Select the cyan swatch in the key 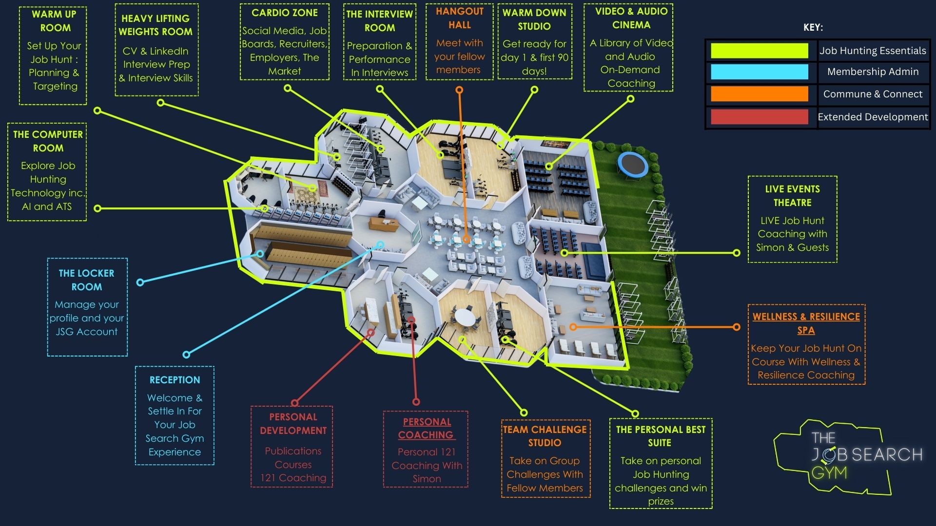click(x=759, y=72)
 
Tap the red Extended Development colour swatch click(x=759, y=117)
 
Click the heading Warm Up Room click(x=54, y=21)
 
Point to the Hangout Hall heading click(x=459, y=18)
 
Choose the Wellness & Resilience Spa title click(x=806, y=323)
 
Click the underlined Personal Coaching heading click(x=426, y=428)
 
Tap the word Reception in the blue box click(x=175, y=380)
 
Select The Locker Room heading click(x=87, y=280)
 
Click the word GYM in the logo click(x=829, y=472)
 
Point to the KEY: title click(x=813, y=28)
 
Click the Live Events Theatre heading click(x=792, y=196)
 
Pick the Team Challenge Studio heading click(x=545, y=436)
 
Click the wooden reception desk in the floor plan click(x=383, y=225)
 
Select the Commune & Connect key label click(x=873, y=94)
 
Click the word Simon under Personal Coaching click(x=427, y=479)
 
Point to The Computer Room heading click(x=48, y=141)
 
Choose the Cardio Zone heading click(x=284, y=13)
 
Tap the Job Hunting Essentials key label click(x=873, y=51)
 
